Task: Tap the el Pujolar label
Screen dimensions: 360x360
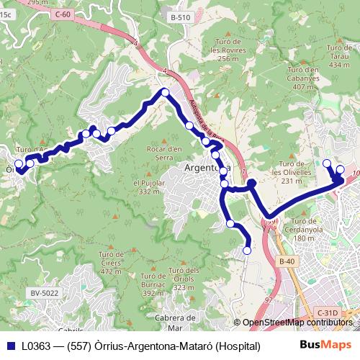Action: click(x=148, y=187)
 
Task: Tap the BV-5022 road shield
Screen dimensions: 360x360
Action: click(x=45, y=292)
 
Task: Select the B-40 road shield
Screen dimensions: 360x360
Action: click(x=287, y=261)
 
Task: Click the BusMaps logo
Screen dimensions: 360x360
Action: click(x=325, y=346)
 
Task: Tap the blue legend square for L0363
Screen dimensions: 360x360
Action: click(x=9, y=346)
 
